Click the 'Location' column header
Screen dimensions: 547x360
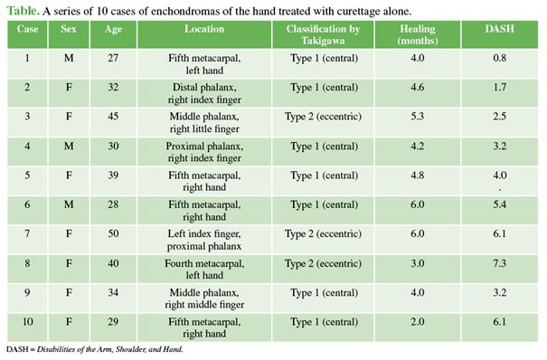(204, 29)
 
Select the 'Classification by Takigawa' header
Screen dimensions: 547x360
(323, 34)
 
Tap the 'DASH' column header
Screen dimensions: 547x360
(499, 29)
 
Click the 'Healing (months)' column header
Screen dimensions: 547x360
(417, 34)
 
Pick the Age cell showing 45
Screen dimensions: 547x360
(113, 116)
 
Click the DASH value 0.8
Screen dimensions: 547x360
(499, 58)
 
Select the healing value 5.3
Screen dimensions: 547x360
(417, 116)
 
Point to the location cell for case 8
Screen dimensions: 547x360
(204, 269)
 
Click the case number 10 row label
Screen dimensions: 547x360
(27, 322)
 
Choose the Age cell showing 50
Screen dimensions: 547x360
(113, 233)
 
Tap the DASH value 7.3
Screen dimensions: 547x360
(499, 263)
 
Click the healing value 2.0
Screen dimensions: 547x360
(417, 322)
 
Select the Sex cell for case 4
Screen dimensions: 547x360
(69, 146)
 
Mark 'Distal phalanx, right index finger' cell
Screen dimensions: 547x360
(204, 93)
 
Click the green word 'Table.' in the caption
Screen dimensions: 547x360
(23, 11)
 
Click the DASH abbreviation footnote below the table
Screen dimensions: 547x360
(95, 349)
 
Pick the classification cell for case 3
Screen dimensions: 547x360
(323, 117)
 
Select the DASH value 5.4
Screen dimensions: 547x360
(499, 204)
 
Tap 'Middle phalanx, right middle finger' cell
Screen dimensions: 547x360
(204, 298)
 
